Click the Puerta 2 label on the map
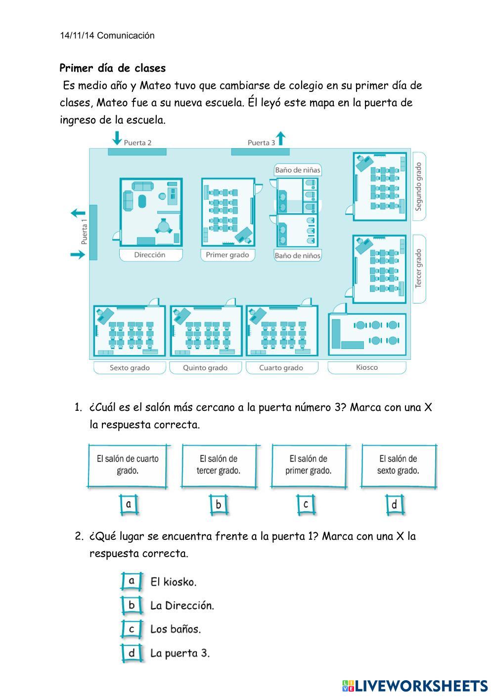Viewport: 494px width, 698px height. pos(137,142)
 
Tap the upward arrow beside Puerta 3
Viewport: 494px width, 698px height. pos(281,138)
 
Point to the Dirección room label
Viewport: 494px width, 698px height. pos(150,255)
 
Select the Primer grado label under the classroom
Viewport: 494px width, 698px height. pos(227,255)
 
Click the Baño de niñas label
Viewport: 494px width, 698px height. pos(298,170)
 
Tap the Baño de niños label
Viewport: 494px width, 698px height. pos(298,256)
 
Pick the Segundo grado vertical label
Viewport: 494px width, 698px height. pos(419,186)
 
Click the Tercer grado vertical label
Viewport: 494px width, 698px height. pos(419,269)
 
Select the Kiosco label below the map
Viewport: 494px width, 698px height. pos(367,367)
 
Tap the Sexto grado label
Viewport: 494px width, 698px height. pos(130,368)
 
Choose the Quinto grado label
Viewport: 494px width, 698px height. pos(205,368)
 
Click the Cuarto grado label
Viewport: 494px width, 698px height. pos(281,368)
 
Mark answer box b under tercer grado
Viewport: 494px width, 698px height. pos(218,505)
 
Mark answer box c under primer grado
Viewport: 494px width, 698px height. pos(306,505)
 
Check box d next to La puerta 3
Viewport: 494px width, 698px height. pos(132,653)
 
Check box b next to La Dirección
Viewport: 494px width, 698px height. pos(132,605)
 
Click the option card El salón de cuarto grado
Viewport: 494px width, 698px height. pos(128,465)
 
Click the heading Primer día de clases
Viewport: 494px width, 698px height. pos(113,68)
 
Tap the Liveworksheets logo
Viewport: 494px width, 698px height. pos(414,686)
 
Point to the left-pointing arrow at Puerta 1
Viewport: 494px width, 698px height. pos(78,214)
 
